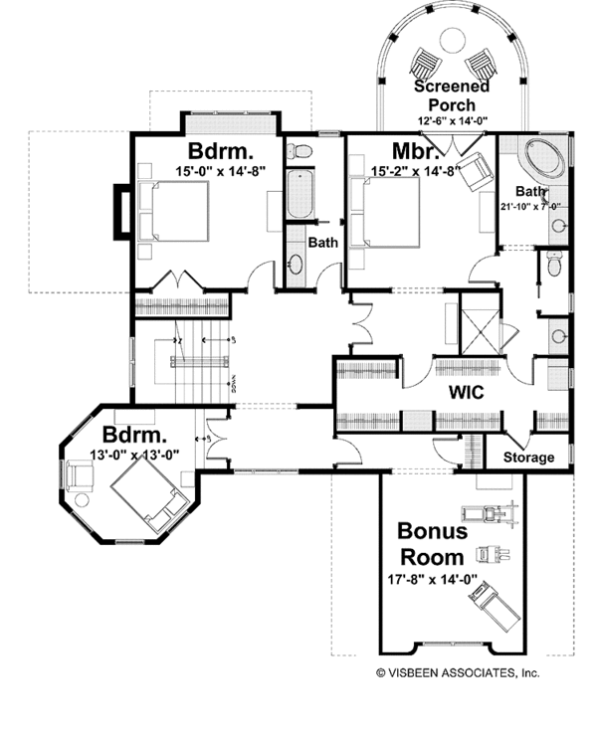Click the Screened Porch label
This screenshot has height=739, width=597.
452,94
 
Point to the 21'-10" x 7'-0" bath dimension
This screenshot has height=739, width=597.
530,207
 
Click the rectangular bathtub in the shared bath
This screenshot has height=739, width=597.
298,197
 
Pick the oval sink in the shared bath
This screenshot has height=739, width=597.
297,265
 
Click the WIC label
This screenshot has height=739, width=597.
465,393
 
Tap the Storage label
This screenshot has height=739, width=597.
527,458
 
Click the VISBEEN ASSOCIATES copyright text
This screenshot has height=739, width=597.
457,672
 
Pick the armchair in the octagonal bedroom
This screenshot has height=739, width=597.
80,474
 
